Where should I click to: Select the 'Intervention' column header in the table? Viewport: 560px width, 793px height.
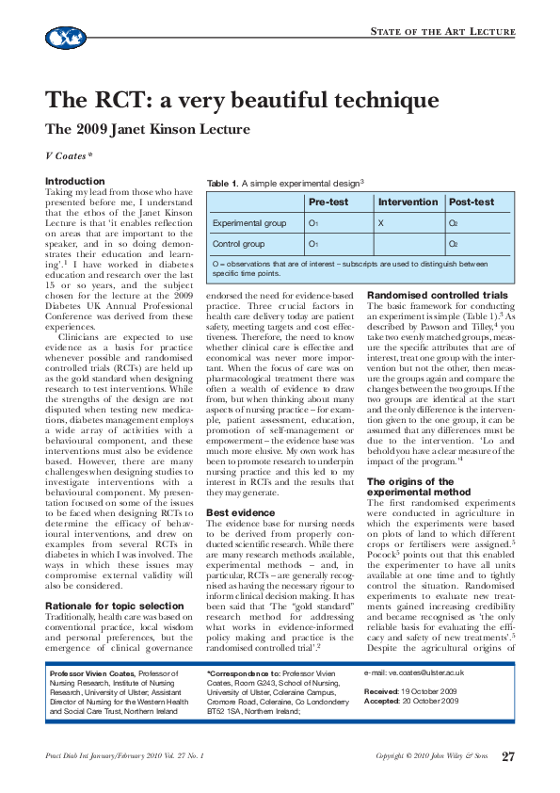click(x=408, y=202)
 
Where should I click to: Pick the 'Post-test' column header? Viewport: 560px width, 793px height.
click(x=471, y=202)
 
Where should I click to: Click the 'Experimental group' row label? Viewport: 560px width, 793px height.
click(x=249, y=223)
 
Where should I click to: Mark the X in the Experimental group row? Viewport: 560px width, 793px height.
click(x=380, y=223)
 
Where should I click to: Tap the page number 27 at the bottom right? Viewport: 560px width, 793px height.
click(x=508, y=756)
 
